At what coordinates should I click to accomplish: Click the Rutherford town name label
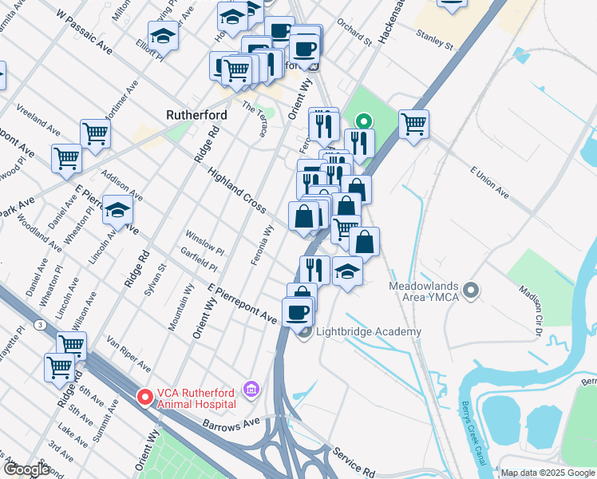coord(196,115)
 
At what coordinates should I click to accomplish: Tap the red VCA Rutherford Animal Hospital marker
coord(144,396)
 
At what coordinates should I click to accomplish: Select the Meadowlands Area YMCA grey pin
coord(471,291)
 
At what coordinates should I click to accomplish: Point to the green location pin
coord(363,122)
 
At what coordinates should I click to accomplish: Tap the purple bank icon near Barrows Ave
coord(251,389)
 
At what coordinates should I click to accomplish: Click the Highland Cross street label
coord(237,190)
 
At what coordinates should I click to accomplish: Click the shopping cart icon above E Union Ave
coord(413,124)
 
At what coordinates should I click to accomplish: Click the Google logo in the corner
coord(26,469)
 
